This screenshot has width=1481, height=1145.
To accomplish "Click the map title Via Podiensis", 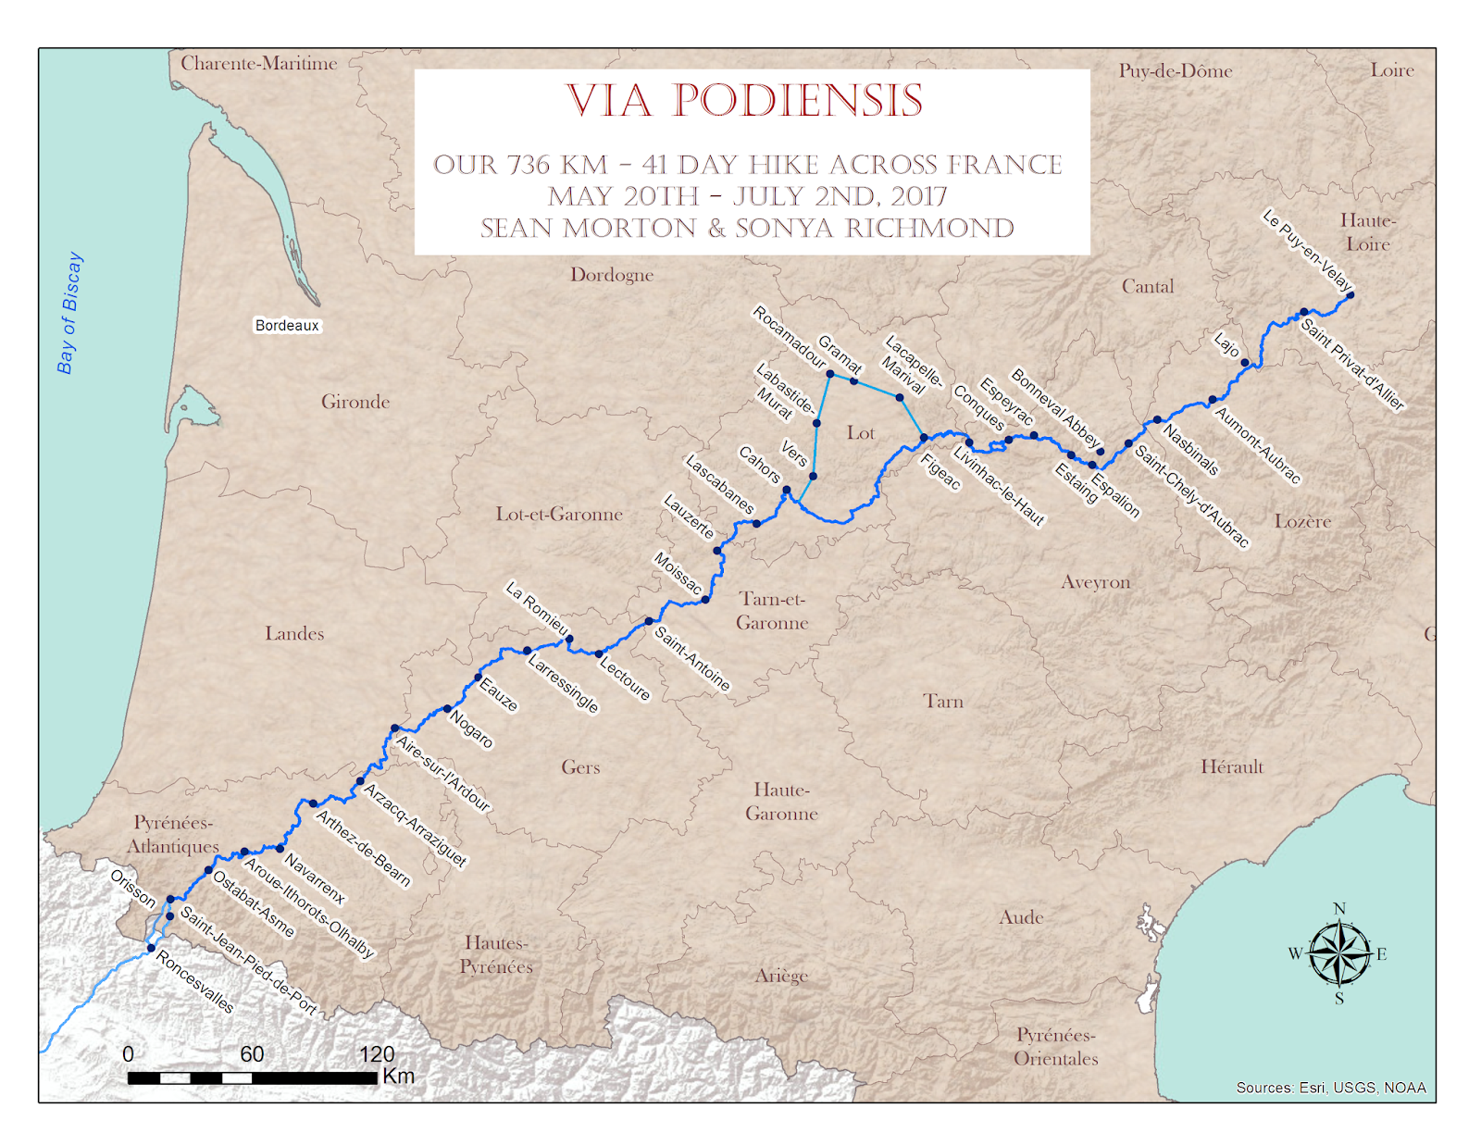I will point(745,101).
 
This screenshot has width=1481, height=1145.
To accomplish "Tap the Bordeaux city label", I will point(287,326).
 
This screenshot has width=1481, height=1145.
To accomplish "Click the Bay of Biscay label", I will point(69,313).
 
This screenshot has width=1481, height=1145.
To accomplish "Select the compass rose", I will point(1339,953).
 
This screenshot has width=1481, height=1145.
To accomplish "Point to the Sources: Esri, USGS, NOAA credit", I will point(1330,1088).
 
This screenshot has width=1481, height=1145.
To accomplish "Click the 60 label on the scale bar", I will point(252,1054).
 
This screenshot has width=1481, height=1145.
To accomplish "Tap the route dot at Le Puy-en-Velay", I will point(1350,295).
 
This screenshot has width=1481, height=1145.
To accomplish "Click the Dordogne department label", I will point(612,275).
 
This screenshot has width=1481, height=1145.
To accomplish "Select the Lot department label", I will point(860,433).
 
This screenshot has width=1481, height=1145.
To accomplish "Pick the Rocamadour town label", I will point(789,336).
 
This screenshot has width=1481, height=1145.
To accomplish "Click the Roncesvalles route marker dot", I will point(151,948).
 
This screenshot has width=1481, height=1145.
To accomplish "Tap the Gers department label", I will point(580,767).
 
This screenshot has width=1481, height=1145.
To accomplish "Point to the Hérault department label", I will point(1231,766).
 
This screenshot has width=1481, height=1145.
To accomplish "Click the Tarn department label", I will point(943,702).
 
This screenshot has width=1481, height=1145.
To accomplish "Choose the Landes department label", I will point(294,634).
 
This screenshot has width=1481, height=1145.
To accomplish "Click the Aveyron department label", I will point(1095,582).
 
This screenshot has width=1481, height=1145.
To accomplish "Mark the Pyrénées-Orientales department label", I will point(1055,1047).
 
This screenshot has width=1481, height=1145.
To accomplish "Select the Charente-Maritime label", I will point(258,64).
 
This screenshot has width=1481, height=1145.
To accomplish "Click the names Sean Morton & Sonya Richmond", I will point(747,229).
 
